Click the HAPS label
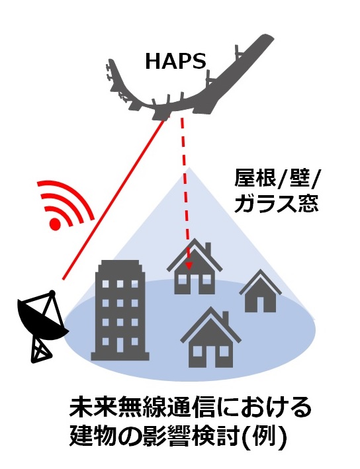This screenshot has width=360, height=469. [x=176, y=61]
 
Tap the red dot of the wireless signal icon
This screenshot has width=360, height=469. [x=56, y=223]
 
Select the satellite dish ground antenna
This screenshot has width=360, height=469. [x=42, y=325]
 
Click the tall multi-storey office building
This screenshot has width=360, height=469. [x=120, y=310]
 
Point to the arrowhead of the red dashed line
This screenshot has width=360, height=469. [x=189, y=266]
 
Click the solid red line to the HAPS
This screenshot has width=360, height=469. [x=114, y=199]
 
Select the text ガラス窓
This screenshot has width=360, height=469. [x=276, y=205]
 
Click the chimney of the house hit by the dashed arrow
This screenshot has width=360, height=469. [x=208, y=248]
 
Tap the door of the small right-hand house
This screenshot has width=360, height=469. [x=260, y=304]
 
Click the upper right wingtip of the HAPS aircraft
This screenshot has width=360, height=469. [x=270, y=39]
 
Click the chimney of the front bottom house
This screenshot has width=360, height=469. [x=226, y=317]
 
